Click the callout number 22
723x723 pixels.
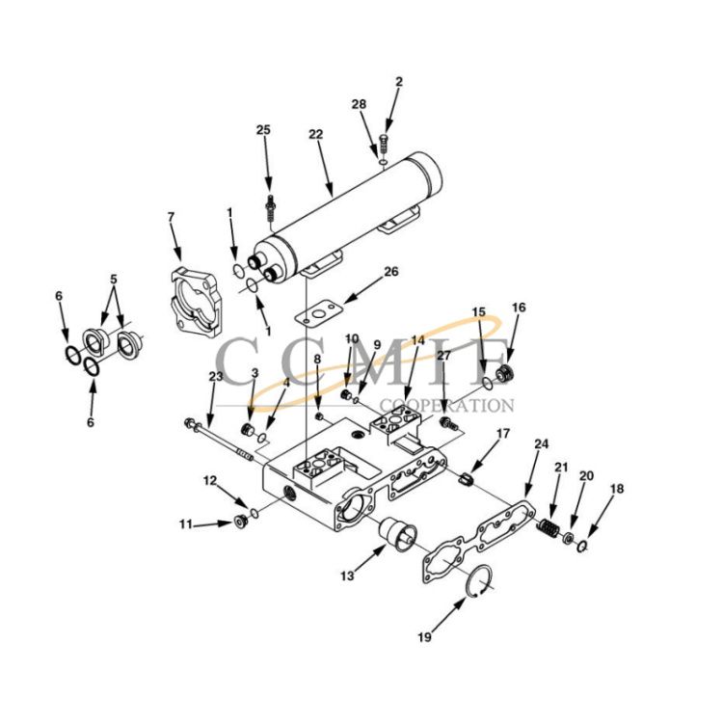click(315, 134)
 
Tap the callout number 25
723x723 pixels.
click(263, 129)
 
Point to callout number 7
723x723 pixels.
click(171, 217)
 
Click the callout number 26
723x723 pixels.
click(390, 272)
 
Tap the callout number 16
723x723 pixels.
click(519, 308)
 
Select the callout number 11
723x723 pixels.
click(185, 524)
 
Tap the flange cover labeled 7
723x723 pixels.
click(198, 293)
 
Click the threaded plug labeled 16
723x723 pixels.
click(501, 374)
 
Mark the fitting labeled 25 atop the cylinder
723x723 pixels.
click(270, 205)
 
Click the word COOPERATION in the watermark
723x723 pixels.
click(447, 406)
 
